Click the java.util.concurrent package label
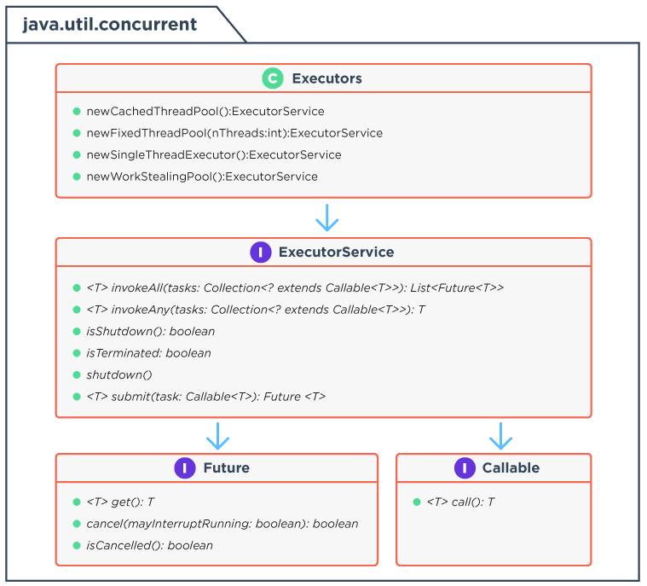tap(109, 25)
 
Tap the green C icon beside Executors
tap(272, 78)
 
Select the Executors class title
tap(326, 78)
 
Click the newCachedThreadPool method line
tap(205, 111)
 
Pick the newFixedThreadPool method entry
tap(234, 133)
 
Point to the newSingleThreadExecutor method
tap(214, 155)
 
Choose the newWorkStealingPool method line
tap(202, 177)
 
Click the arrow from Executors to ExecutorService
tap(326, 218)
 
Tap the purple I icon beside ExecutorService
tap(261, 252)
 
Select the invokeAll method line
tap(295, 287)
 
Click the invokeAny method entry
tap(256, 310)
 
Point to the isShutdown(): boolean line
tap(151, 331)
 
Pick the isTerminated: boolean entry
tap(148, 353)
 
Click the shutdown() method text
tap(119, 375)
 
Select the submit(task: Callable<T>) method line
tap(206, 397)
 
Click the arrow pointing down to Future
tap(217, 436)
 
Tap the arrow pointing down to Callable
tap(500, 436)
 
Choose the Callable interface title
tap(511, 468)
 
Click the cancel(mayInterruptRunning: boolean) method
tap(222, 524)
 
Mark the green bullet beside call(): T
tap(417, 502)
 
